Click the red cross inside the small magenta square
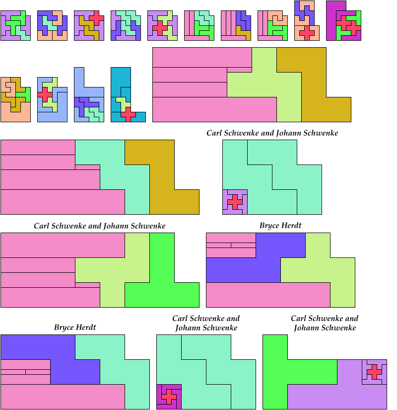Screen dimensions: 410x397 pos(169,396)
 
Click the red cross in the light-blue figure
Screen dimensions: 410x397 pos(45,94)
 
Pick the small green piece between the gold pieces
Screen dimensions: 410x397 pos(26,93)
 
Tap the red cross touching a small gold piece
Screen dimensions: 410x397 pos(96,16)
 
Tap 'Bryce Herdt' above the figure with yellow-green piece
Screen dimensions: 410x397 pos(280,226)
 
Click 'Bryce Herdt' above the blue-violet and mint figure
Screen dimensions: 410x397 pos(75,328)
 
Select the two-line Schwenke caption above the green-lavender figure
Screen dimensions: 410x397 pos(325,323)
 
